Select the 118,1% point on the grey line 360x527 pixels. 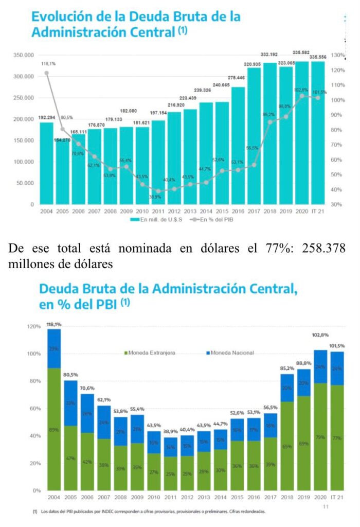[x=47, y=73]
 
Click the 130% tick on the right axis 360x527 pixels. [x=338, y=55]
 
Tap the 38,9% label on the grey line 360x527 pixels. [x=154, y=197]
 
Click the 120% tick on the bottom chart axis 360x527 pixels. [x=33, y=326]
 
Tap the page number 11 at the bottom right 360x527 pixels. [x=325, y=507]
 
